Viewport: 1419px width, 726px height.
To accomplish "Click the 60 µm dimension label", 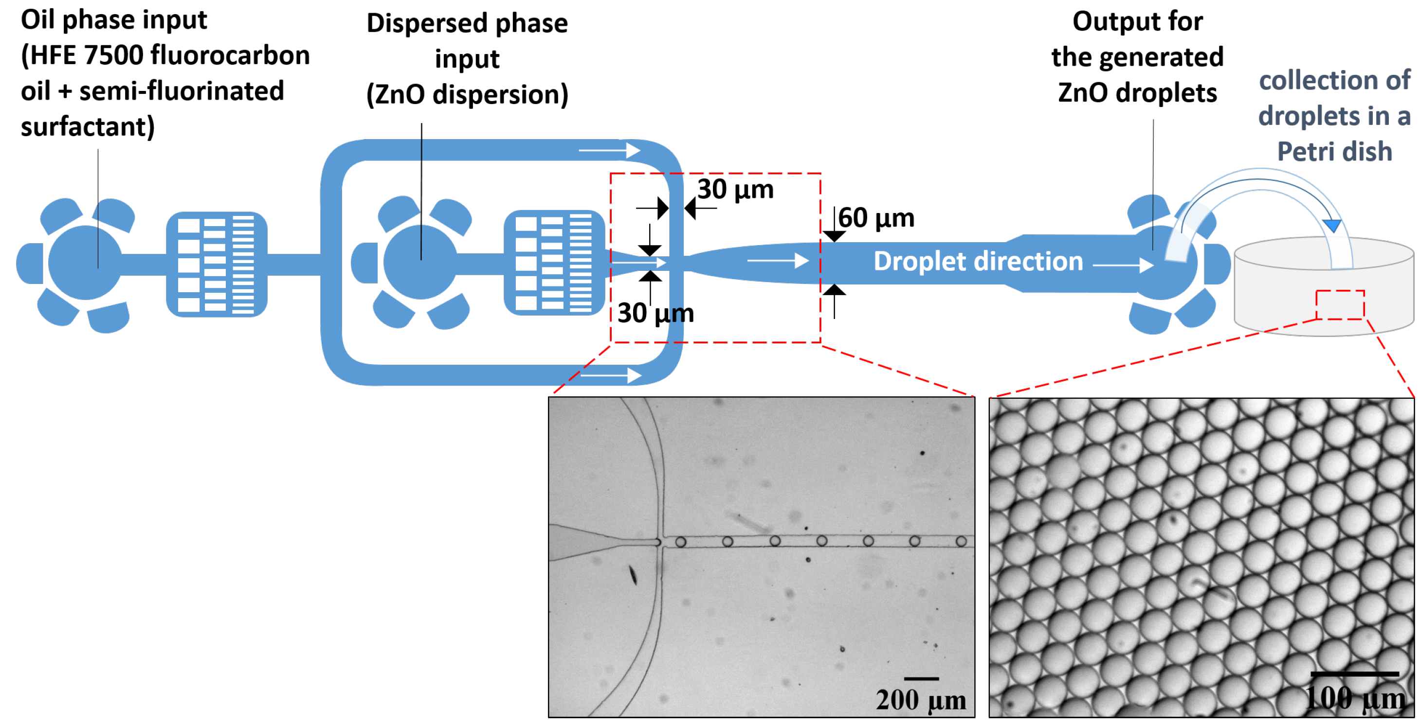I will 876,218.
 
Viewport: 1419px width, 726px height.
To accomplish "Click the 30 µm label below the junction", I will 655,313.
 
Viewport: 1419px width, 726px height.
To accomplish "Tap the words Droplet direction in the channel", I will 978,262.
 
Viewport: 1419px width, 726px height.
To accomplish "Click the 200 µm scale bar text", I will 921,700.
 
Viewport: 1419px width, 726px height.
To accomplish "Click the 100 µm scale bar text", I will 1355,698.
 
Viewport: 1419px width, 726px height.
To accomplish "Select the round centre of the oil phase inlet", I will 85,263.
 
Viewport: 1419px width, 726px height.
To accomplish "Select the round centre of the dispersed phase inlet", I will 420,263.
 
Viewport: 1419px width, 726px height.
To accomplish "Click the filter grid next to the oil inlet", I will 217,264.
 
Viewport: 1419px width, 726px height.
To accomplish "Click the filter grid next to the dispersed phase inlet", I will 554,263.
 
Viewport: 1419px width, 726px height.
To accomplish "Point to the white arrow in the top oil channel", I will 609,150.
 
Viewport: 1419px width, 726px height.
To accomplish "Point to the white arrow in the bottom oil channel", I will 612,376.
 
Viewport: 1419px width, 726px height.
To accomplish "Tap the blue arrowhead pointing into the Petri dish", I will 1332,225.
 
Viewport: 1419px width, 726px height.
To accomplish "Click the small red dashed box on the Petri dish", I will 1340,304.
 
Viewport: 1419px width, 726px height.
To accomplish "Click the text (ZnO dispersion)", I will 467,95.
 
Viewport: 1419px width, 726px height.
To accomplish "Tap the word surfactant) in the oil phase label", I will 88,127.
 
